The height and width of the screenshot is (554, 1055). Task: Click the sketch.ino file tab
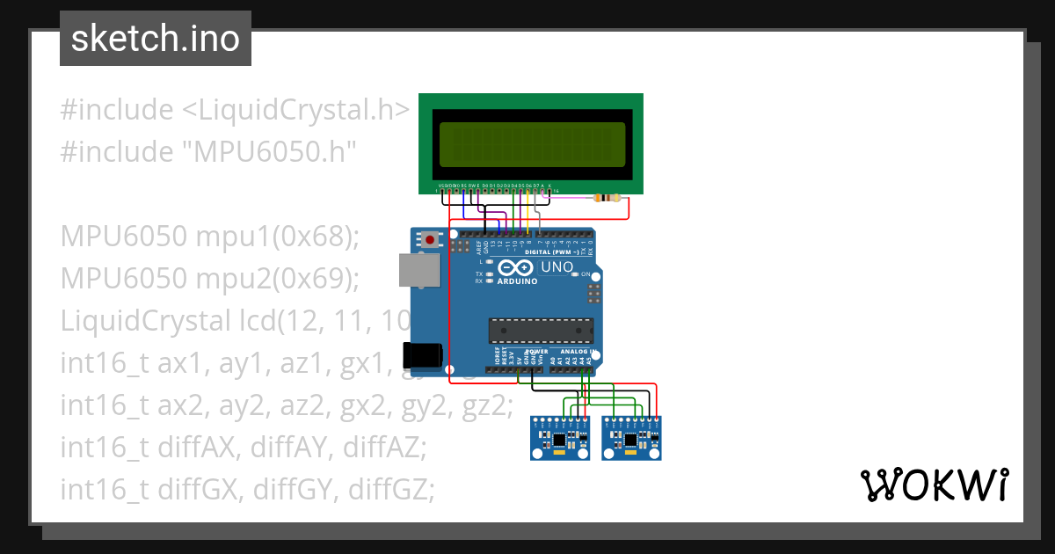click(x=155, y=39)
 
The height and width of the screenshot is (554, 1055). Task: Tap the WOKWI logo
click(x=933, y=485)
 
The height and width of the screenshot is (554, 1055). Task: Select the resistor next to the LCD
click(x=607, y=198)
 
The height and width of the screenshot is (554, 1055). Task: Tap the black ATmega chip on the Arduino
click(x=540, y=330)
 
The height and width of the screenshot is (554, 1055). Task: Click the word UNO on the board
click(x=557, y=266)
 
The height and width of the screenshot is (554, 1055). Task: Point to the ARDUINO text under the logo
click(x=518, y=281)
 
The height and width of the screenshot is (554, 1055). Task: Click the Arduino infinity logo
click(x=517, y=267)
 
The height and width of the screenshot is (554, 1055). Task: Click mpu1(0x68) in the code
click(x=278, y=237)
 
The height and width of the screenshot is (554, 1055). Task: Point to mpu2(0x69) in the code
click(x=278, y=279)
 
